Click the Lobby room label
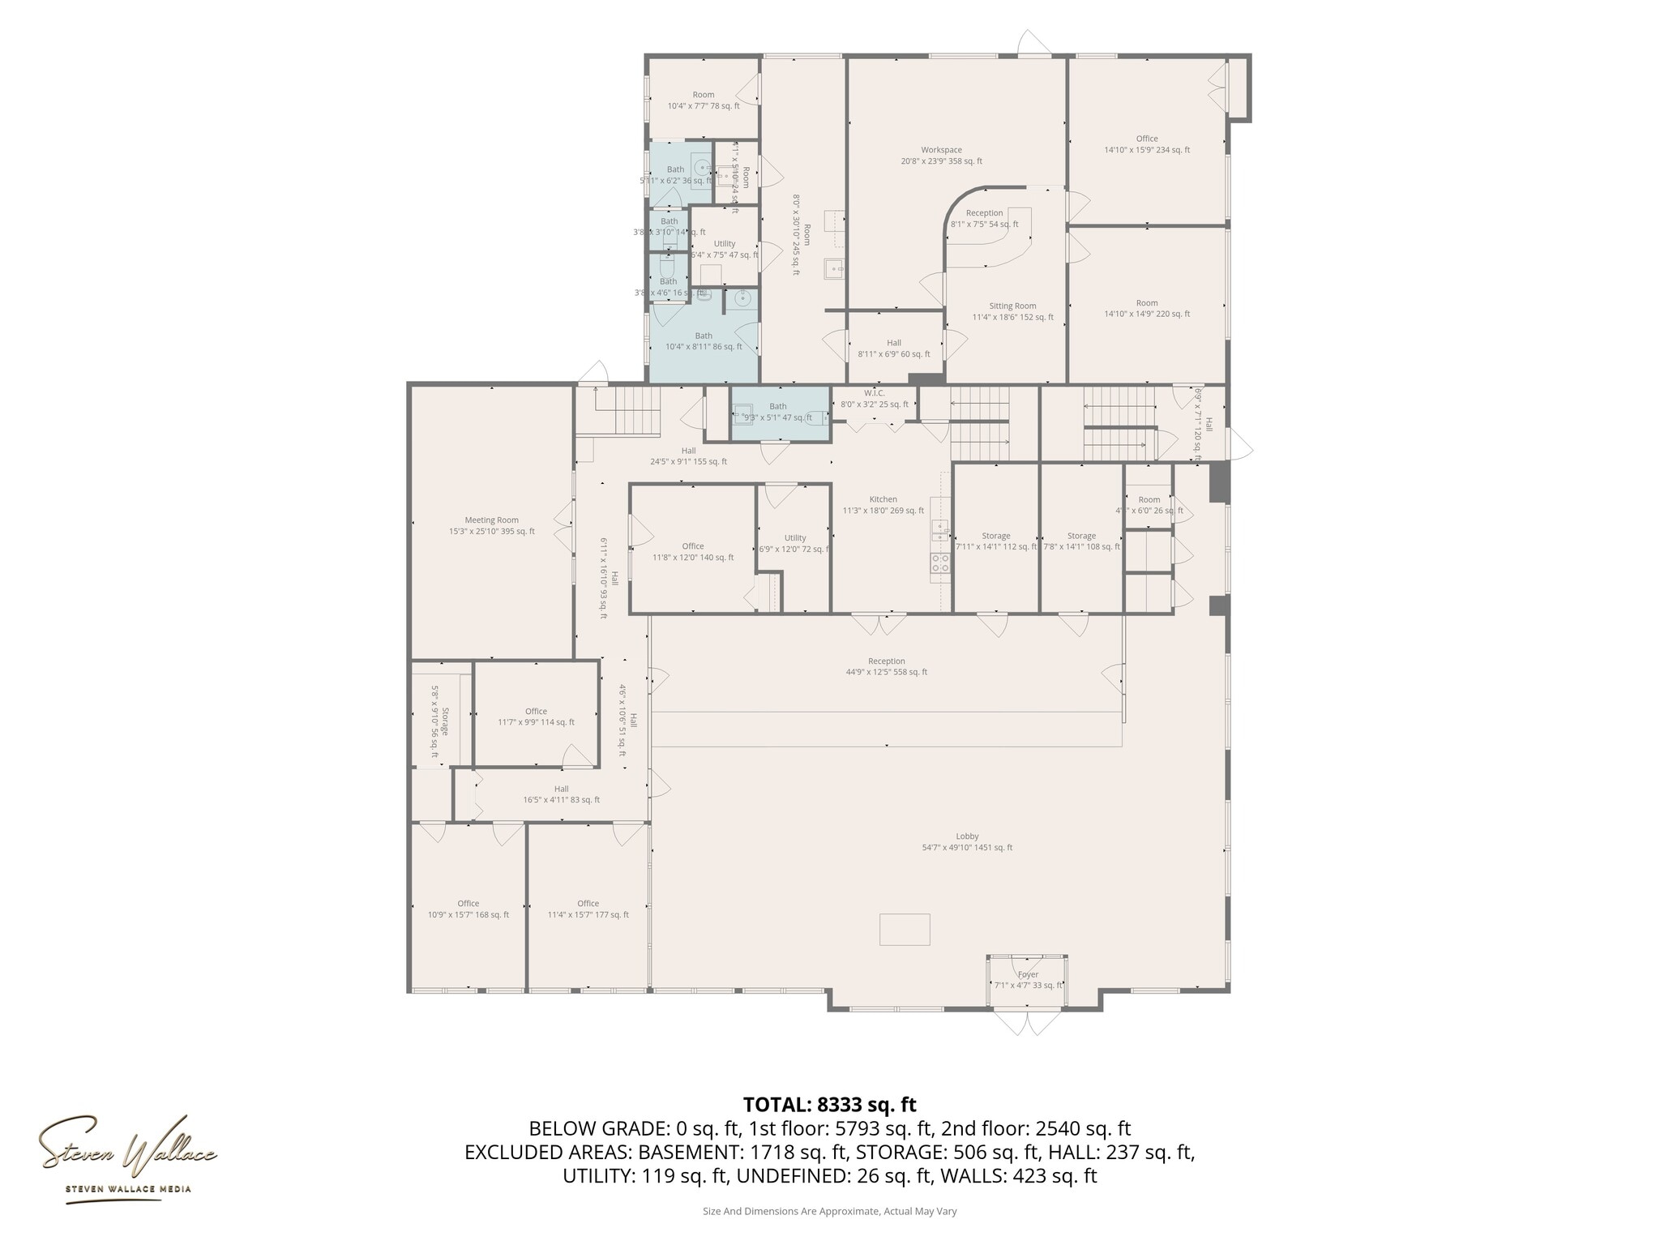click(x=967, y=842)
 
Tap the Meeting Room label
click(x=491, y=526)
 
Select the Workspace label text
click(x=941, y=155)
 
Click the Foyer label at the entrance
click(x=1028, y=979)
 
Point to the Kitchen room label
click(x=883, y=504)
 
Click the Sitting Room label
click(x=1012, y=311)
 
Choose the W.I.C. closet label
click(x=874, y=398)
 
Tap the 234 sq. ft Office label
click(x=1146, y=143)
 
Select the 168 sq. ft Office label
click(x=468, y=909)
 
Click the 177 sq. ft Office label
click(x=588, y=909)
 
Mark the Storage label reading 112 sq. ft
click(x=995, y=541)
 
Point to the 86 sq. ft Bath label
click(x=704, y=341)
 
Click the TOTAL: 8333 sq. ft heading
click(x=829, y=1105)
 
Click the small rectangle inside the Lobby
click(x=905, y=929)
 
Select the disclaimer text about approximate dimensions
click(x=829, y=1211)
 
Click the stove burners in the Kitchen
click(x=940, y=563)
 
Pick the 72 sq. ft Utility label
click(x=794, y=543)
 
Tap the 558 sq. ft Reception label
click(x=886, y=666)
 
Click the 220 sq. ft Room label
click(x=1146, y=308)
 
